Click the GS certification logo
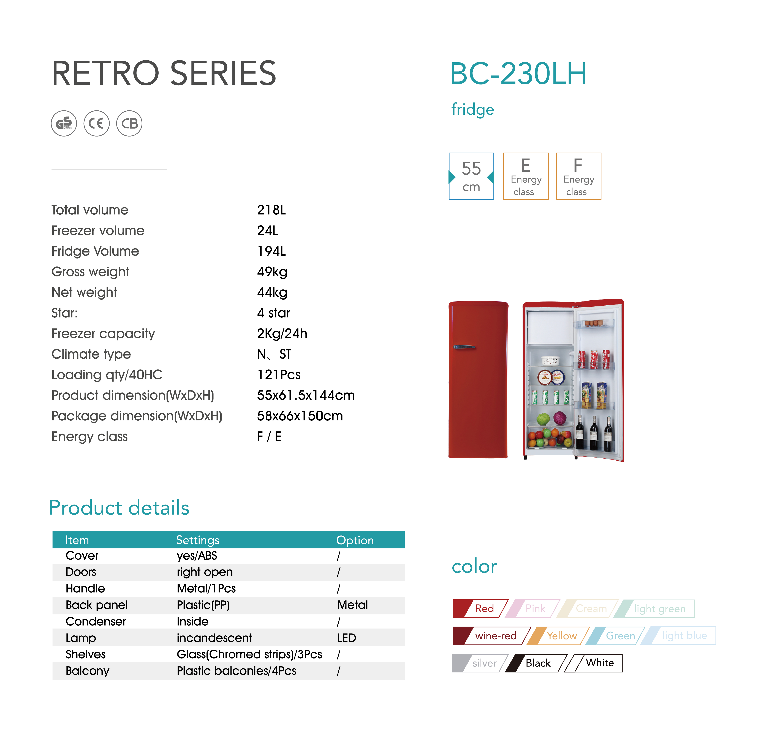pos(64,123)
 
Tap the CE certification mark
pos(97,123)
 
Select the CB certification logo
pos(129,123)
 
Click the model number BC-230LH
pos(518,74)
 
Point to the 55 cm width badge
pos(471,176)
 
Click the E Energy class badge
pos(526,176)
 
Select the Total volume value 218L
pos(271,210)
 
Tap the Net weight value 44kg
pos(272,292)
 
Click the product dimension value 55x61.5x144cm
pos(306,395)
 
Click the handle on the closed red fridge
pos(464,347)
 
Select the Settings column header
pos(198,540)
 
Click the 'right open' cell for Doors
pos(205,572)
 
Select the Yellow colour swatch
pos(558,636)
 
